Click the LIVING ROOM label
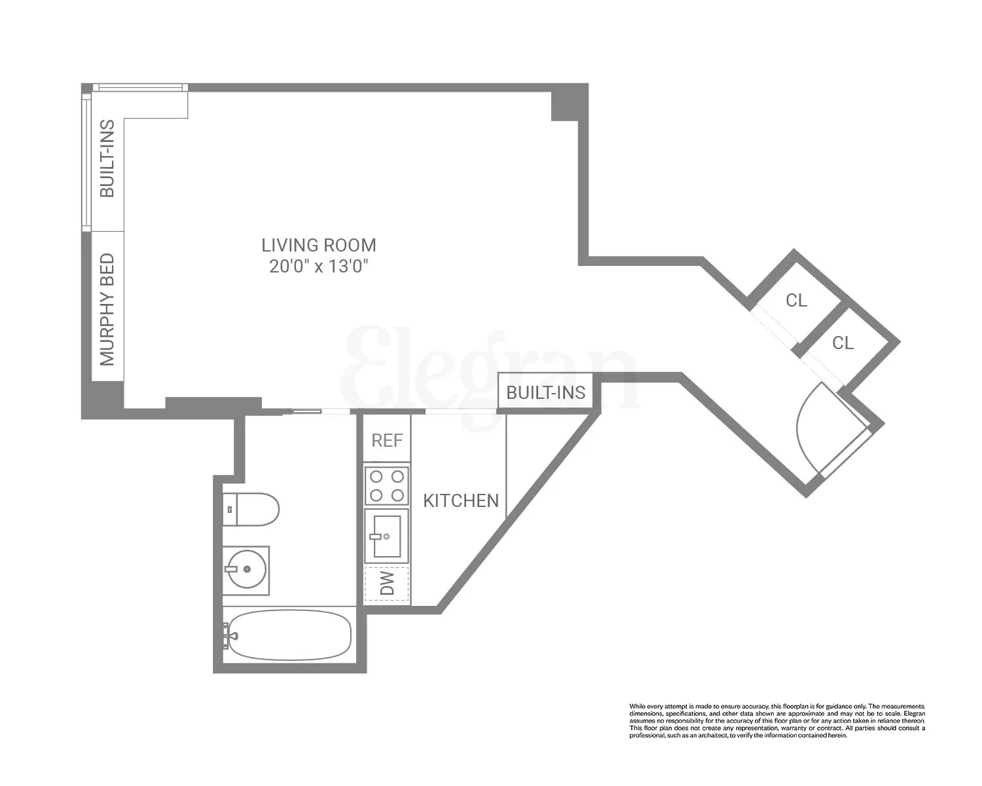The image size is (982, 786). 319,246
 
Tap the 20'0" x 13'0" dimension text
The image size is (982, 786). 319,267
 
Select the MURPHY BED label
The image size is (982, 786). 107,309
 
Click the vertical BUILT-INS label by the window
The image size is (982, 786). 107,159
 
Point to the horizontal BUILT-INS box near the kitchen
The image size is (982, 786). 545,392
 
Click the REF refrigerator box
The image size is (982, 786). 387,440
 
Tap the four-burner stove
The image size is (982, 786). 386,485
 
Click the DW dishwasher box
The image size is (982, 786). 387,584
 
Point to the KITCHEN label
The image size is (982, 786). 461,501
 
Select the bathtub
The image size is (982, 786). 289,635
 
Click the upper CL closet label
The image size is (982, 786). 797,301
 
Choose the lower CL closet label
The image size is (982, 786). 843,343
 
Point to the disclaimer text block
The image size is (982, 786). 777,720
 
